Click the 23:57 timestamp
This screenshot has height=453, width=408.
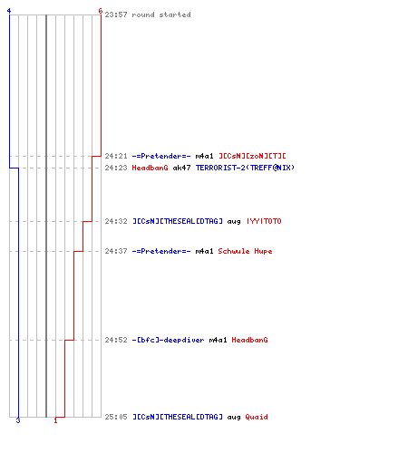coord(116,14)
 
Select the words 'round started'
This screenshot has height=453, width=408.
coord(161,14)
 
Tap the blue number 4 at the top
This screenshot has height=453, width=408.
coord(9,11)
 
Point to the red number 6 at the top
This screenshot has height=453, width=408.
coord(101,11)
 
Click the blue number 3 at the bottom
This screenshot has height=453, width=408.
coord(18,420)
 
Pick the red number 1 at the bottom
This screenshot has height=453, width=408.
coord(55,420)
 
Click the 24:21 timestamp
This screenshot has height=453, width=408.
coord(116,156)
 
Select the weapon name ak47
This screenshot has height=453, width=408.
coord(181,168)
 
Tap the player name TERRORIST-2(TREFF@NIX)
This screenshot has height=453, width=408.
coord(245,168)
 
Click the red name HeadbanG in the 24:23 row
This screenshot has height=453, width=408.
coord(150,168)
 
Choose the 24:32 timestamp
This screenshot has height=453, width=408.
coord(116,221)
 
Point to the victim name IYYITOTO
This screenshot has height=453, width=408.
coord(264,221)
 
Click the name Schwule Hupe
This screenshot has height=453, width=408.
coord(245,251)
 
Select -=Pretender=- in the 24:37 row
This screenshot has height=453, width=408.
coord(161,251)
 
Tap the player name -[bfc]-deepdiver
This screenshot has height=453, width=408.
coord(168,340)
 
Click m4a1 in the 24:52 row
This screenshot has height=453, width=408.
coord(218,340)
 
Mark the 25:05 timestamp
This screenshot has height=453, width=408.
coord(116,417)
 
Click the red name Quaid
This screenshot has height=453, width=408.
coord(257,417)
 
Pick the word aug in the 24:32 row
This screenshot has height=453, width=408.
coord(234,222)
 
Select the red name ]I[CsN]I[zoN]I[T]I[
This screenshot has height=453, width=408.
coord(252,156)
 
